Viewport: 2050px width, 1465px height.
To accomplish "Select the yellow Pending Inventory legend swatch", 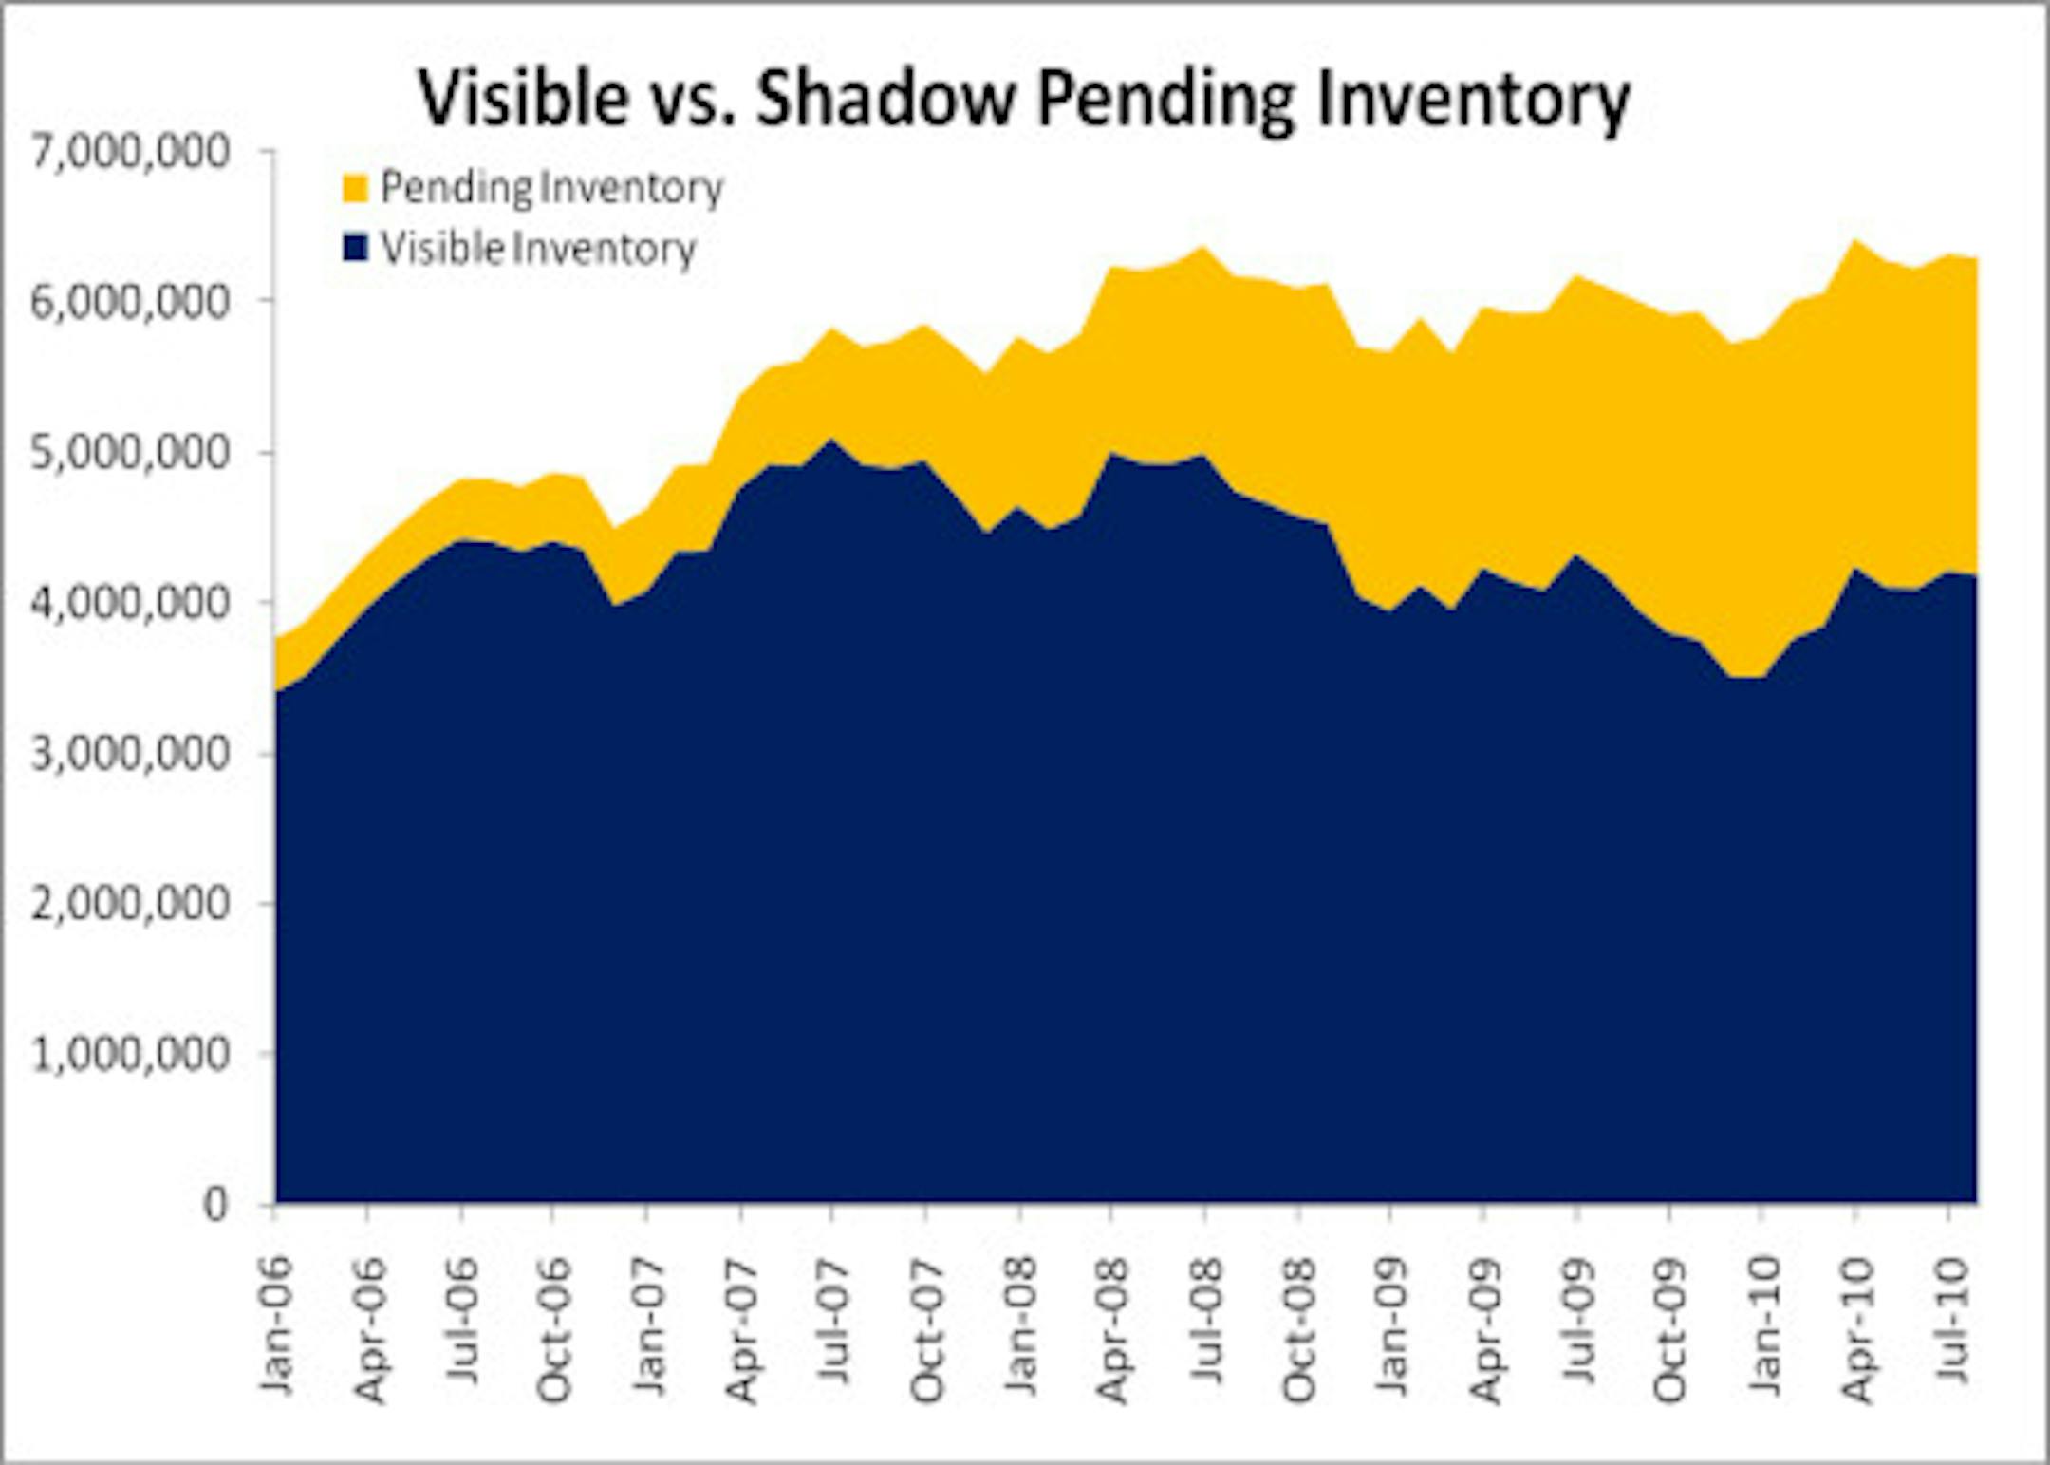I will pos(355,187).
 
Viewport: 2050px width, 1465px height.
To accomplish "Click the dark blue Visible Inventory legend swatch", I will pos(355,249).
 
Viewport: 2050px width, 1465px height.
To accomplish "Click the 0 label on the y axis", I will pos(216,1204).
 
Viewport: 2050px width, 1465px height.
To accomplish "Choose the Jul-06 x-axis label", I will pos(463,1321).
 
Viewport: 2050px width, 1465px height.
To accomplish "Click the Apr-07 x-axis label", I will pos(742,1329).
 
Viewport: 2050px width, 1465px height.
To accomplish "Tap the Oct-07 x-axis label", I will pos(927,1329).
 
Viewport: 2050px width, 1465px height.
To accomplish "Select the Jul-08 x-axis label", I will pos(1206,1321).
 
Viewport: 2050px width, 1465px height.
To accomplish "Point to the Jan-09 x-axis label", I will pos(1392,1327).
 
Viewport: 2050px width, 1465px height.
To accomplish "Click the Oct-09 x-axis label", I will pos(1670,1329).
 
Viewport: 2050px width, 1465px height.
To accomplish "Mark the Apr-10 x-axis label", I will pos(1857,1329).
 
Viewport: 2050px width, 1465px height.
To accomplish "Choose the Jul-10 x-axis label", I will pos(1949,1321).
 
